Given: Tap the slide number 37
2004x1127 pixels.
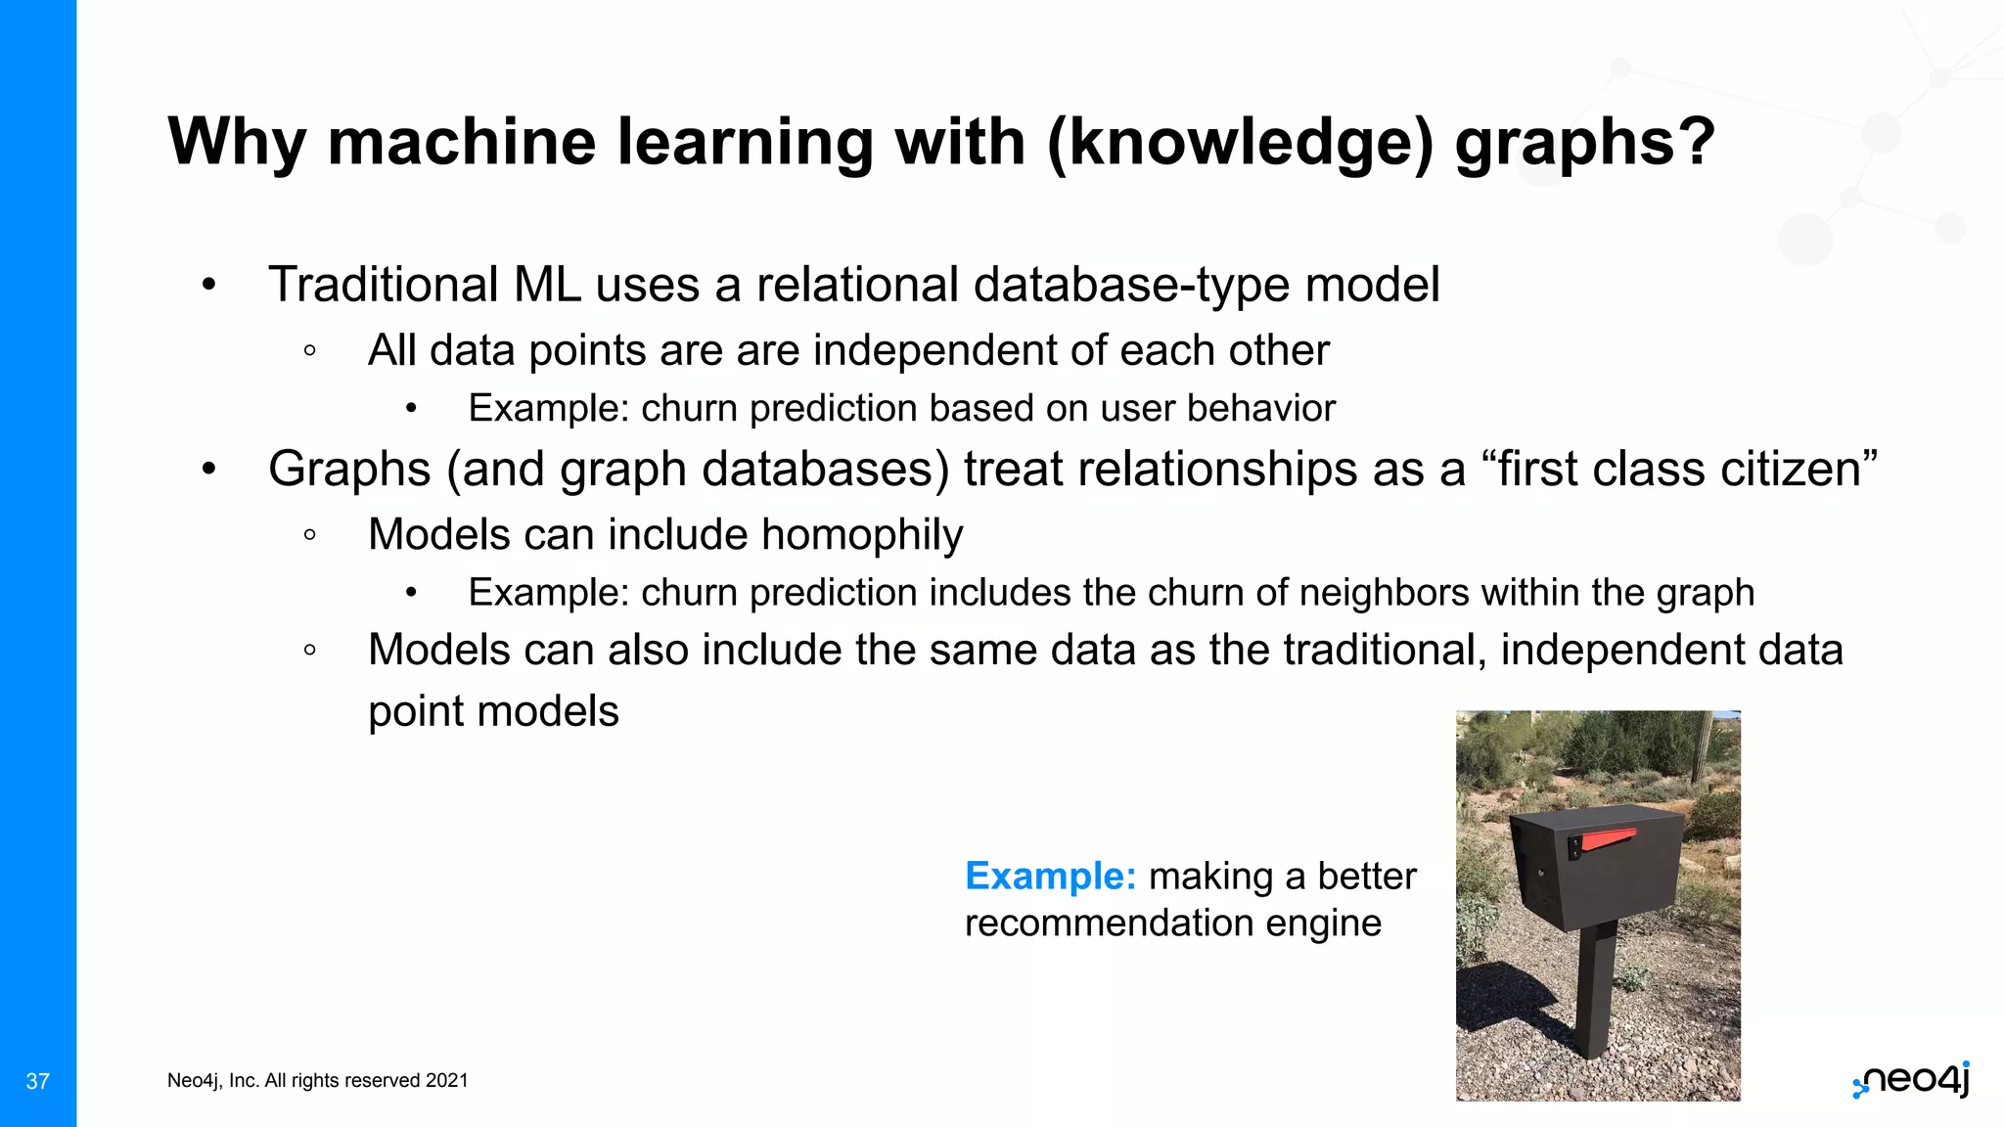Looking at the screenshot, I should tap(37, 1081).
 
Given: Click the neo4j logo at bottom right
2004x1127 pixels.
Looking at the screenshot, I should tap(1912, 1080).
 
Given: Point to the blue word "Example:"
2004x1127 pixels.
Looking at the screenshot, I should tap(1050, 877).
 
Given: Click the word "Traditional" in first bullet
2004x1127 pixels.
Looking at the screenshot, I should tap(384, 286).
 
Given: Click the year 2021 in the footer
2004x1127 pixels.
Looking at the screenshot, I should tap(447, 1081).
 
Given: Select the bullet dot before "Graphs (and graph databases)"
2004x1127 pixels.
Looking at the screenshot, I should tap(208, 470).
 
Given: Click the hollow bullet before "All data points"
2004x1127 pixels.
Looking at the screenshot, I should tap(309, 351).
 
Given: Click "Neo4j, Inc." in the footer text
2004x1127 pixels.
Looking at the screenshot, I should tap(211, 1081).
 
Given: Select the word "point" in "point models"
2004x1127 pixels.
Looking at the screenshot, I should tap(415, 712).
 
